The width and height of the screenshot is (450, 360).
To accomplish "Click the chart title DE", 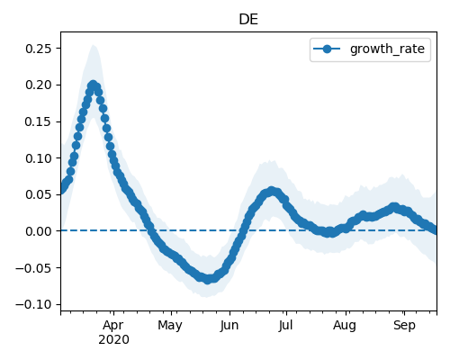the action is (248, 20).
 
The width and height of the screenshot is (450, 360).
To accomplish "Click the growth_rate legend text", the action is (387, 49).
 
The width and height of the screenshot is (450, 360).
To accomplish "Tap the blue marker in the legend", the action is (327, 49).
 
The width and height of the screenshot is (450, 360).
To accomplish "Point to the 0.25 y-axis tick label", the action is (39, 49).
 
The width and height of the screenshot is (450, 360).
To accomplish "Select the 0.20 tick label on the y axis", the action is (39, 85).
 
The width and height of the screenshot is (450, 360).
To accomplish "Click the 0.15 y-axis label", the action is (39, 121).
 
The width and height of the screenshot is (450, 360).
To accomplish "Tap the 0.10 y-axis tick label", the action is (39, 158).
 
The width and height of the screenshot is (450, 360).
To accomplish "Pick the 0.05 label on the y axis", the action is (39, 194).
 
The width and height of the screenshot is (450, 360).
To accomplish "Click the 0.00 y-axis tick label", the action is (39, 231).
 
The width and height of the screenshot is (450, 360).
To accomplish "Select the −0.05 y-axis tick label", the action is (34, 268).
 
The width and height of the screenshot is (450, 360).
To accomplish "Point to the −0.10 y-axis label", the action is (34, 304).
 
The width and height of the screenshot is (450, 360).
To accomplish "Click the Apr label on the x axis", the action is (113, 326).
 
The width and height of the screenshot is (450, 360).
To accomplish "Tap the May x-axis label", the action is (170, 326).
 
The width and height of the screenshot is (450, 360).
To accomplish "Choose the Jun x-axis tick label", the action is (229, 326).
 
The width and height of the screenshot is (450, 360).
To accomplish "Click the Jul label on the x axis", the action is (285, 326).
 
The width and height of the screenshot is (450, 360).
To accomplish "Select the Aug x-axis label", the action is (345, 326).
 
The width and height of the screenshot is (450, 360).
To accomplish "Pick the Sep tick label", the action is (404, 326).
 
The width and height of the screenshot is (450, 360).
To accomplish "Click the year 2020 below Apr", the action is (114, 340).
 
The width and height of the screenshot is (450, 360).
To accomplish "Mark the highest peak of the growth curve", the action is (94, 85).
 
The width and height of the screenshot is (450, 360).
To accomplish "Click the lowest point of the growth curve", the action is (207, 280).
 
